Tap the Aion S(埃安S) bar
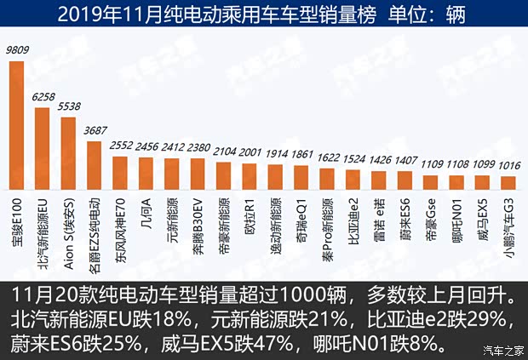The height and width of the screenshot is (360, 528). pos(68,152)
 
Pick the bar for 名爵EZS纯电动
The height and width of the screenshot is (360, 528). pos(94,165)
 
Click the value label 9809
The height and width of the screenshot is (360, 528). pos(17,50)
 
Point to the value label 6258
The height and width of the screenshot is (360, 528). pos(43,98)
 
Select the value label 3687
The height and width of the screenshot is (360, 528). pos(95,130)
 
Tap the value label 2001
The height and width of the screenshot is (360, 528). pos(250,151)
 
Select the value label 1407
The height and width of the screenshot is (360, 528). pos(405,159)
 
